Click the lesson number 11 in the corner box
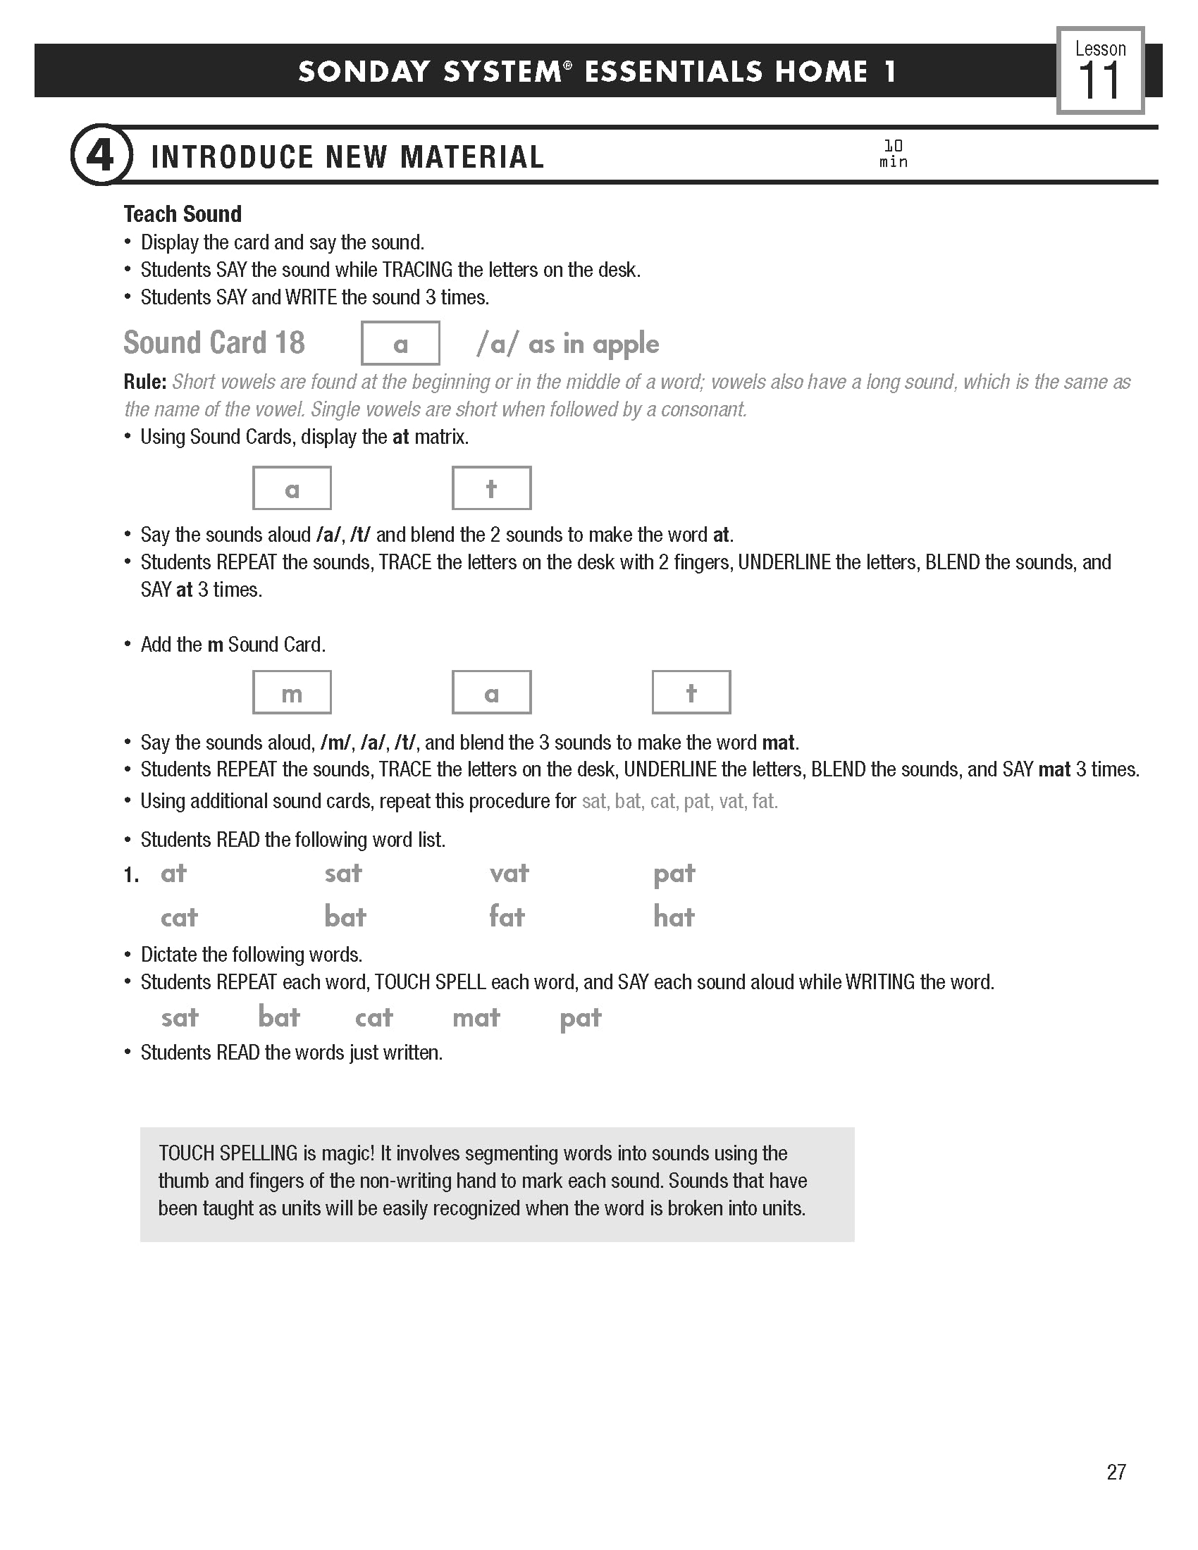[1099, 82]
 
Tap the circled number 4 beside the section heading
[100, 156]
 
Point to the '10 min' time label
[893, 154]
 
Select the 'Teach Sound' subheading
[183, 213]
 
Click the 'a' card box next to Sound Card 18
[400, 344]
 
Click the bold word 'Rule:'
[144, 382]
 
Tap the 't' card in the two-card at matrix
[491, 488]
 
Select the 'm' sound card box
[292, 693]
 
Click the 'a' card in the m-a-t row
[491, 693]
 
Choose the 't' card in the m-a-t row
[691, 693]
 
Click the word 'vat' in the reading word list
[509, 873]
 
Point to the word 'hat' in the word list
[674, 917]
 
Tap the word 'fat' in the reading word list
[507, 917]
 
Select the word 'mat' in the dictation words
[476, 1018]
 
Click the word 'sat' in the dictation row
[180, 1018]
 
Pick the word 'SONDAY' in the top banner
[364, 72]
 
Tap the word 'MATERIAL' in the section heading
[472, 157]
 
